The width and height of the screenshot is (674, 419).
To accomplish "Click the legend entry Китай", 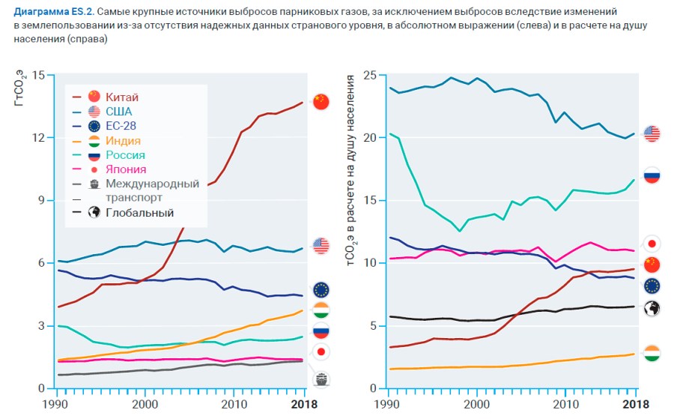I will pos(122,97).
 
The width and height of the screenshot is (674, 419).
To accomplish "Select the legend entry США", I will pos(118,111).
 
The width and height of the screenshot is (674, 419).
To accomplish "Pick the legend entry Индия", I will pos(123,140).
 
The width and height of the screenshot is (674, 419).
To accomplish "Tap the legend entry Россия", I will pos(125,155).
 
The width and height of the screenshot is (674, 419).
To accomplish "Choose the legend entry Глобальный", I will pos(139,213).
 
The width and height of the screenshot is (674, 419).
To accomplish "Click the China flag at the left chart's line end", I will pos(321,102).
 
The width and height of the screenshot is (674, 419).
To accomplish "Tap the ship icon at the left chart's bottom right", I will pos(322,379).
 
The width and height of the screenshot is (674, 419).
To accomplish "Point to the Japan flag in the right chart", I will pos(652,244).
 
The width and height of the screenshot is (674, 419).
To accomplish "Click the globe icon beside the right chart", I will pos(652,307).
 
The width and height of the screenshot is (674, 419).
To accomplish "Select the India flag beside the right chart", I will pos(652,353).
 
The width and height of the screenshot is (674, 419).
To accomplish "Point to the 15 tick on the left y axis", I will pos(40,75).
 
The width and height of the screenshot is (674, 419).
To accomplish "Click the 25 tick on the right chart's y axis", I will pos(368,75).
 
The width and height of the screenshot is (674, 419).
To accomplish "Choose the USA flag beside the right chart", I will pos(652,134).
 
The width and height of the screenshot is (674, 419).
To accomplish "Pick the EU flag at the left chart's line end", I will pos(321,290).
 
